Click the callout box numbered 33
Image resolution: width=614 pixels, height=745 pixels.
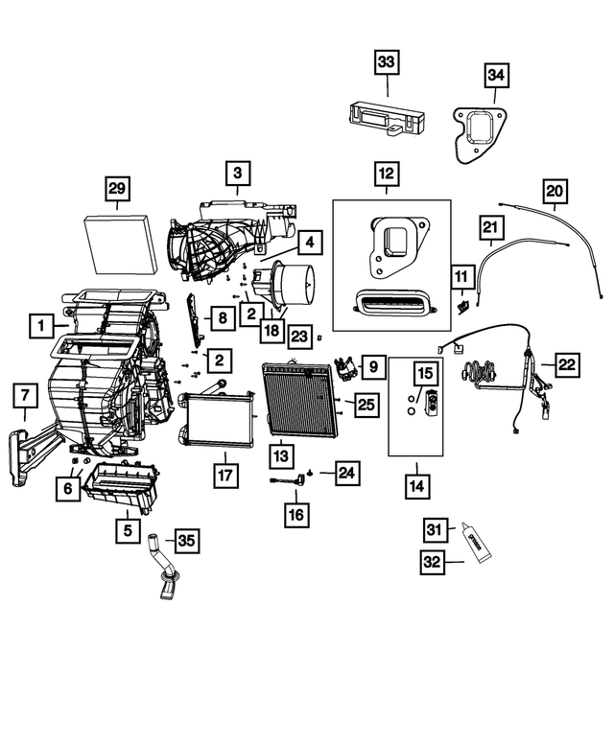click(x=386, y=62)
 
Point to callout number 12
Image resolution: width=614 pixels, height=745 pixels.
click(x=386, y=174)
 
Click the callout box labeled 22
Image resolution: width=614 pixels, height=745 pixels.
click(x=568, y=364)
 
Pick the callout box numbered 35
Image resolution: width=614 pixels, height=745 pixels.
click(x=186, y=541)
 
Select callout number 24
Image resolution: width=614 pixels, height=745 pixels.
click(x=347, y=472)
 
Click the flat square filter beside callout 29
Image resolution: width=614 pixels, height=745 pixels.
click(x=120, y=242)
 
